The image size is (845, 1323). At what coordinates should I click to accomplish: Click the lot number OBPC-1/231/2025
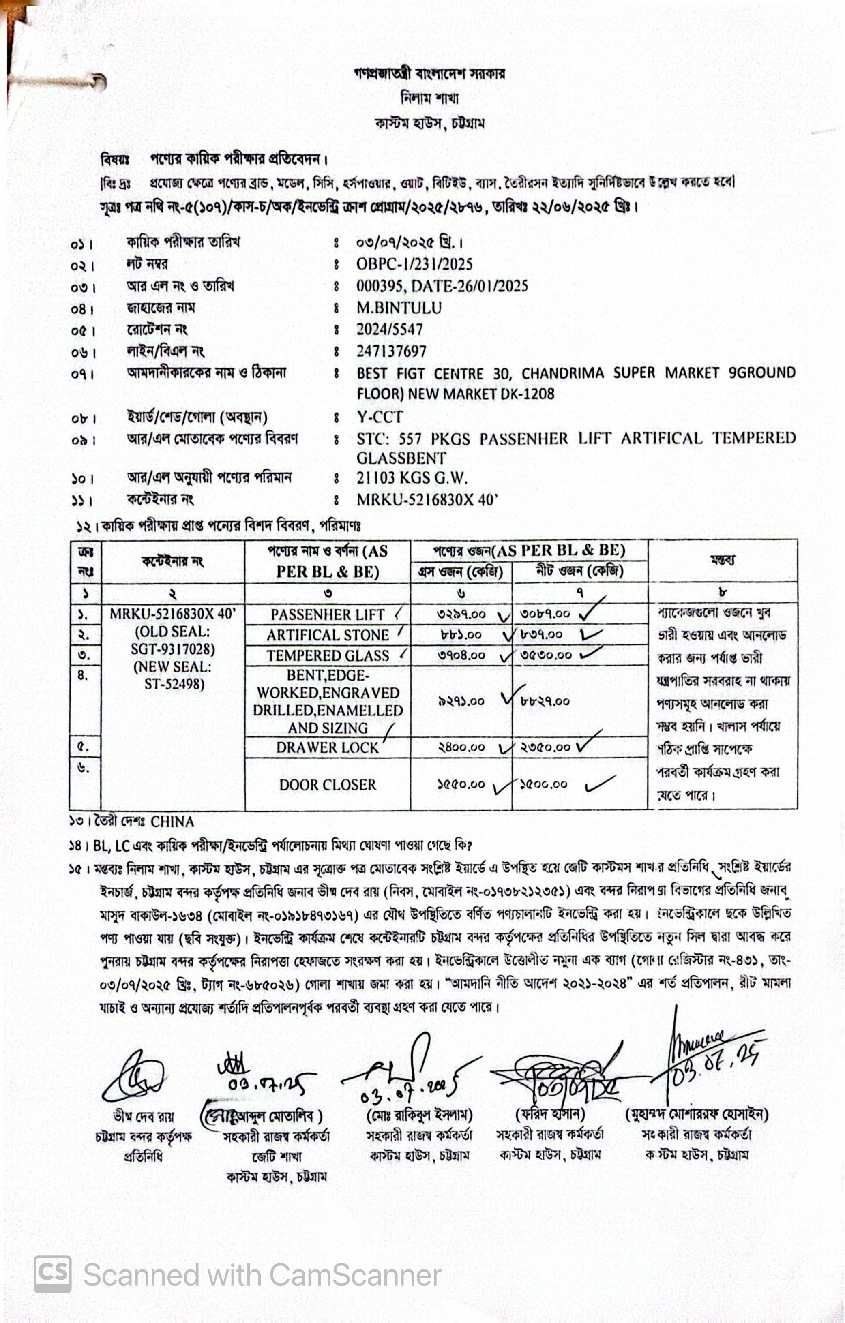pos(414,264)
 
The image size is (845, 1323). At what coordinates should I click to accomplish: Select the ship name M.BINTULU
pos(399,308)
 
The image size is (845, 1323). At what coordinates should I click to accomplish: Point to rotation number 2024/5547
pos(389,330)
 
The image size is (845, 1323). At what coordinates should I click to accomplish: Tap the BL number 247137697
pos(391,351)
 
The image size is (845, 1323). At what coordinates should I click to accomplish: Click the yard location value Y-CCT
pos(380,417)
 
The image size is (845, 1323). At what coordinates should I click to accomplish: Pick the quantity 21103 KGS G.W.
pos(412,478)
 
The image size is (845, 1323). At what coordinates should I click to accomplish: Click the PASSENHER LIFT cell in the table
pos(327,614)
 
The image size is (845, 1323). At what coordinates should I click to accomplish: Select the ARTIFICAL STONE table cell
pos(328,635)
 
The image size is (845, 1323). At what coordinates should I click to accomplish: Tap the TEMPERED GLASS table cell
pos(328,655)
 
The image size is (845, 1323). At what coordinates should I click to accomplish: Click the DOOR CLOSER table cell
pos(328,785)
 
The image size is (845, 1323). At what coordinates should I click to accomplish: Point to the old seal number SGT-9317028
pos(173,649)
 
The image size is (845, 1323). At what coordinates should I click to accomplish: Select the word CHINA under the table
pos(172,822)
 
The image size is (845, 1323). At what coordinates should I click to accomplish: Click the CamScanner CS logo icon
pos(53,1274)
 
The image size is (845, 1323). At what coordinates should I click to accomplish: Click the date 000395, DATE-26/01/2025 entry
pos(442,286)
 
